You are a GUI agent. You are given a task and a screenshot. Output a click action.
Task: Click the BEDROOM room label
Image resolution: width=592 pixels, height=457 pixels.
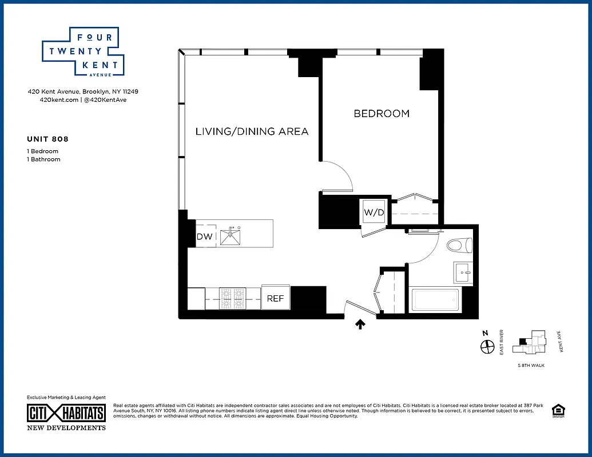click(382, 114)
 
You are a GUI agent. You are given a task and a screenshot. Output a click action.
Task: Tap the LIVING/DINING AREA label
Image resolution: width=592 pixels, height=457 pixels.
click(252, 131)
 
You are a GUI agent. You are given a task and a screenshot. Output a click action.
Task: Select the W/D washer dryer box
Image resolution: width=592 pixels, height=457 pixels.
click(374, 213)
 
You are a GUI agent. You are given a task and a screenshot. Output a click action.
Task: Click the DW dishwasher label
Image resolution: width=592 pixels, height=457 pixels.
click(204, 236)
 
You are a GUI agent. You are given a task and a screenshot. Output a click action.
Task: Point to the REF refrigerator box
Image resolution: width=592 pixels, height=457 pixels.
click(276, 298)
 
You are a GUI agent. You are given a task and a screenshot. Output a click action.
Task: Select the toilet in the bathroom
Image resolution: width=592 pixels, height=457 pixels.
click(458, 246)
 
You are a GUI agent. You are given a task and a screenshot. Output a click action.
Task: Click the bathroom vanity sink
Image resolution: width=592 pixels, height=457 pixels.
click(462, 273)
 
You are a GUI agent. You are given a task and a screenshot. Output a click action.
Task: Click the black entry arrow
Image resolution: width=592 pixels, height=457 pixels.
click(360, 324)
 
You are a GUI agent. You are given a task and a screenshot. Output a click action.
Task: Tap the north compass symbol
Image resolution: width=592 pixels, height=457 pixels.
click(487, 345)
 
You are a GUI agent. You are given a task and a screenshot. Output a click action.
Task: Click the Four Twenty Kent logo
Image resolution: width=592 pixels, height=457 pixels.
click(84, 51)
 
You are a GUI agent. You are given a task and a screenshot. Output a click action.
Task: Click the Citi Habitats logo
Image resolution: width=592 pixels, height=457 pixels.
click(66, 414)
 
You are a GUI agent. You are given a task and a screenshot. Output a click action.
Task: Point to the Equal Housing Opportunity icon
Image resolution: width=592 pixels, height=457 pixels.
click(557, 411)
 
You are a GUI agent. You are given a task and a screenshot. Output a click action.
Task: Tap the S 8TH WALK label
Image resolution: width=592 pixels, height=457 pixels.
click(530, 364)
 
